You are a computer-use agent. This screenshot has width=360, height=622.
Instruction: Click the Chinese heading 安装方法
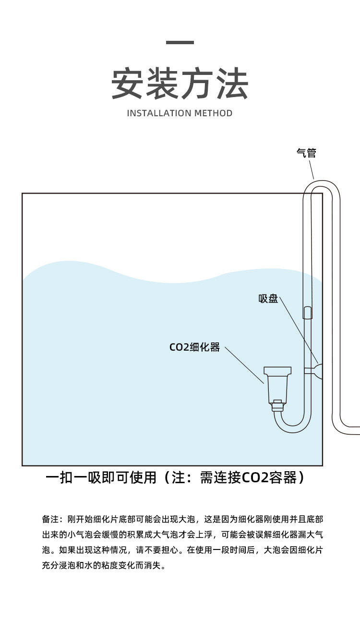point(180,85)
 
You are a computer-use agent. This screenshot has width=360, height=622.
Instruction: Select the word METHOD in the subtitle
point(213,113)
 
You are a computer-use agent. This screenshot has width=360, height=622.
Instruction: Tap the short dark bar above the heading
point(180,43)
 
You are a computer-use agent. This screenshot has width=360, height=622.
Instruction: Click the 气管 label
point(306,153)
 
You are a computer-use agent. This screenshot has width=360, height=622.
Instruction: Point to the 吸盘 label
point(268,299)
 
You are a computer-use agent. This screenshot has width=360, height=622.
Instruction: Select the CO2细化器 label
point(194,347)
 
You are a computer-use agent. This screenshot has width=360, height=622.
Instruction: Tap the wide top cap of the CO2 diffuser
point(277,371)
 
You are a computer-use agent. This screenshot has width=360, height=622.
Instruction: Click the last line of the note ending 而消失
point(104,565)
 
